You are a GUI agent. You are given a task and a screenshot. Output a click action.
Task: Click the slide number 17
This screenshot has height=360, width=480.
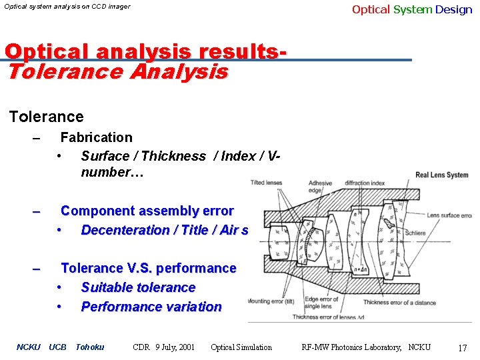tap(463, 348)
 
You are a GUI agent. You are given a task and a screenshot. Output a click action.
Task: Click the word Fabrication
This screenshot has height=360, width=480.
tap(96, 137)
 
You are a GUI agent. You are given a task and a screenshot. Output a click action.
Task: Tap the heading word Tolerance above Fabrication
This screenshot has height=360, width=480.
tap(47, 117)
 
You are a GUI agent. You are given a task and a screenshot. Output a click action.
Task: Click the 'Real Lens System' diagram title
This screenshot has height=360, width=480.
tap(442, 175)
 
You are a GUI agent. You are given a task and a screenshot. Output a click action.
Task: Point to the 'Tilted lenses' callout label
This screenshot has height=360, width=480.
tap(266, 183)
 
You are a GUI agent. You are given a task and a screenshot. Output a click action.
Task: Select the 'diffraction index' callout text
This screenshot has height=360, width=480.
tap(365, 183)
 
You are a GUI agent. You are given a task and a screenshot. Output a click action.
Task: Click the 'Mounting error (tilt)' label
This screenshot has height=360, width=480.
tap(271, 301)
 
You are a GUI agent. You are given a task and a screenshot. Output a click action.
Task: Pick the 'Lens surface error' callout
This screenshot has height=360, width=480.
tap(450, 215)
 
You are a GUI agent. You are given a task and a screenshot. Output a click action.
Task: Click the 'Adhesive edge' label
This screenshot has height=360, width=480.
tap(320, 187)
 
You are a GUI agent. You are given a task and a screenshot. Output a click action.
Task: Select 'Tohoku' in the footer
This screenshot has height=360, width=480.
tap(89, 347)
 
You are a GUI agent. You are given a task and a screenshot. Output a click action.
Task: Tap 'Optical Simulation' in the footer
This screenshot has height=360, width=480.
tap(241, 347)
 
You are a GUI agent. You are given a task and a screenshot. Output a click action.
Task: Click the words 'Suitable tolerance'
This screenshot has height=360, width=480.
tap(138, 287)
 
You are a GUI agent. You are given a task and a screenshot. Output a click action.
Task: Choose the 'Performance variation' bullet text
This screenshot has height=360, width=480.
tap(151, 307)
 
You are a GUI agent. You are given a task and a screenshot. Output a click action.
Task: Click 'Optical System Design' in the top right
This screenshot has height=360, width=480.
tap(411, 9)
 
